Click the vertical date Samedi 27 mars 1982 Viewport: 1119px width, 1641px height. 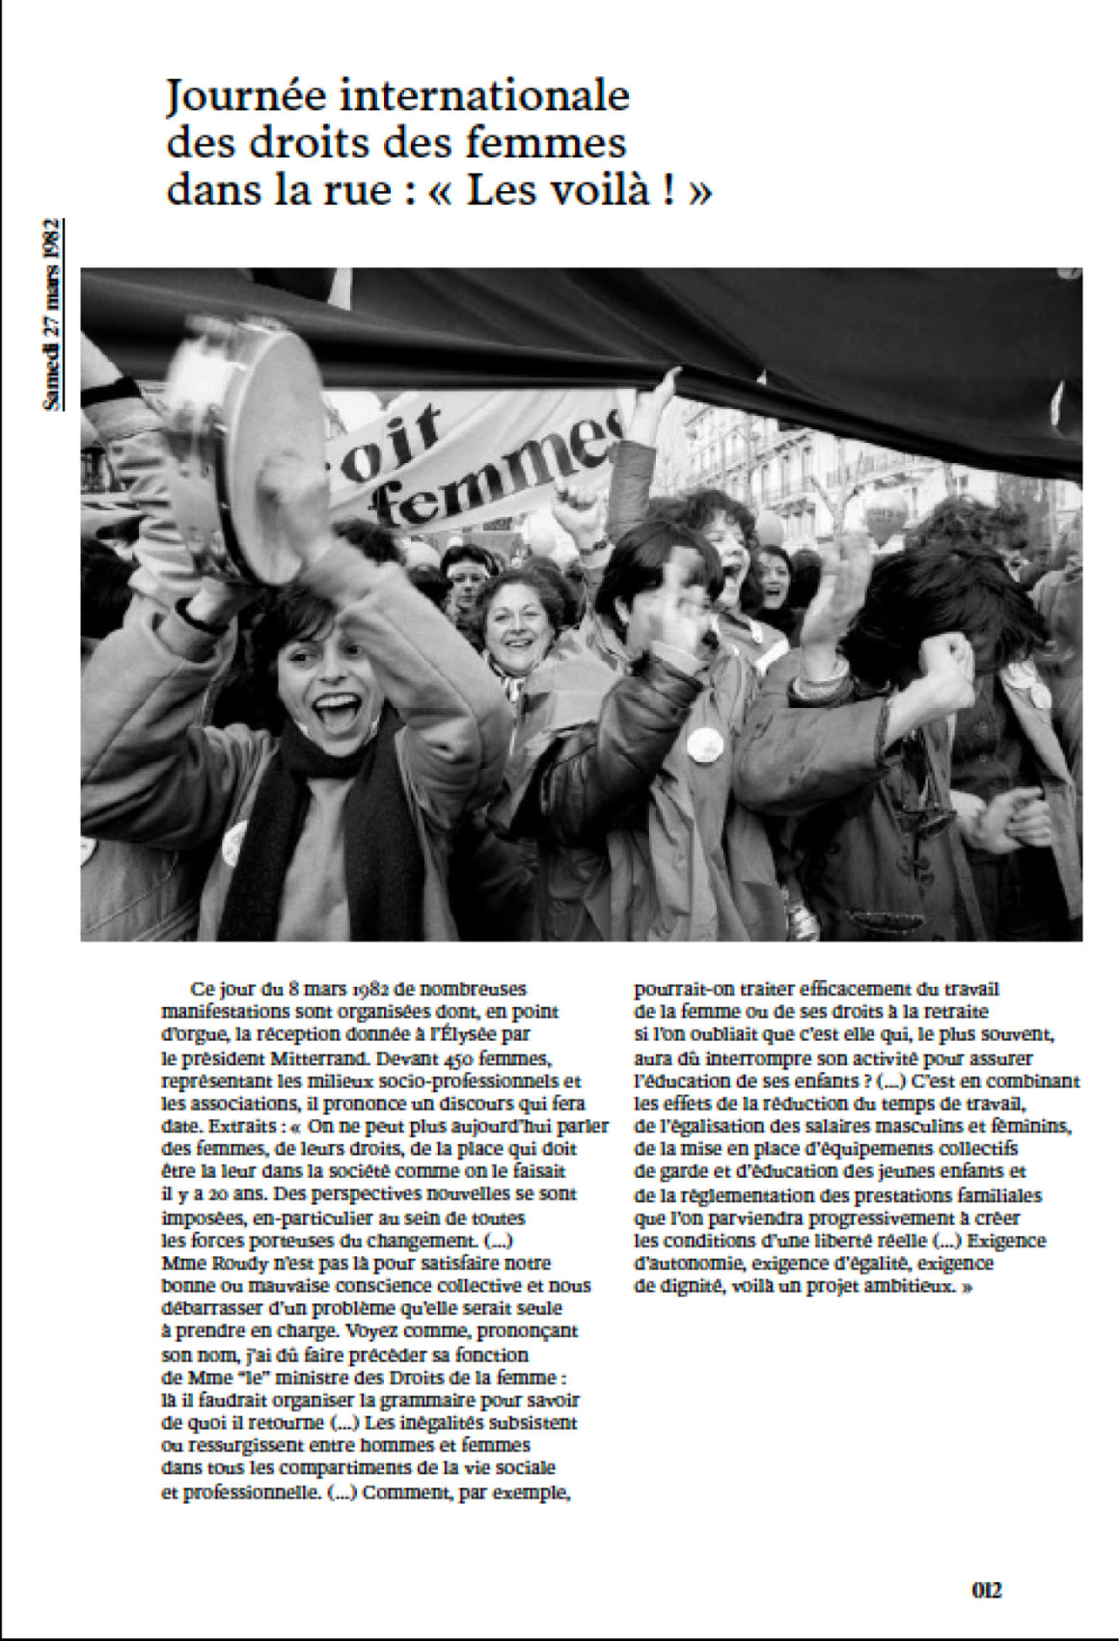tap(54, 315)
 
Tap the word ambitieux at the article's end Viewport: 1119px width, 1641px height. tap(903, 1286)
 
